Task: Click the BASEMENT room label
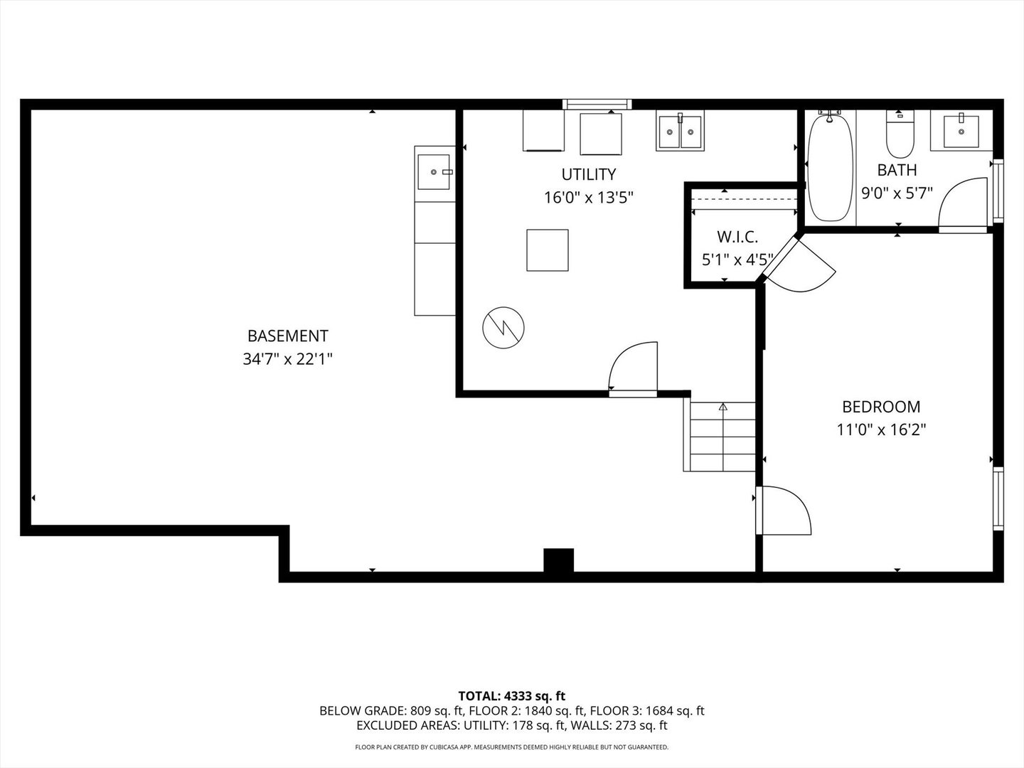pos(287,336)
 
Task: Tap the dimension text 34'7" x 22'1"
pos(287,359)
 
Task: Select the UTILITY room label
pos(588,174)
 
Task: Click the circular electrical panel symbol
pos(503,328)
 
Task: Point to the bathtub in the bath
pos(830,169)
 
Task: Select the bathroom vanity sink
pos(961,130)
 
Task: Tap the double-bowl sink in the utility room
pos(680,131)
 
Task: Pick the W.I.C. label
pos(737,237)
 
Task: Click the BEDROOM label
pos(880,407)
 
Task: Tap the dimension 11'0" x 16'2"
pos(880,430)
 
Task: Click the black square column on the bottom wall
pos(558,560)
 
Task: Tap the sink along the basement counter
pos(434,171)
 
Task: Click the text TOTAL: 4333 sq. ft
pos(512,695)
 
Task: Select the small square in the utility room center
pos(548,250)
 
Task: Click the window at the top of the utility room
pos(597,105)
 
